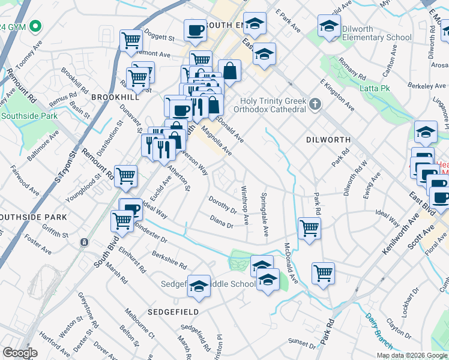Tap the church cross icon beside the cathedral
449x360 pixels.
[315, 106]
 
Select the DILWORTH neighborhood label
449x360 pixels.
[327, 139]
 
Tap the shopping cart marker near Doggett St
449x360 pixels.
[131, 40]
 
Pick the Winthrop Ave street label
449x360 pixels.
[245, 205]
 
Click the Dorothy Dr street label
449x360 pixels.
[222, 204]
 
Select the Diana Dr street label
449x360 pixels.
[221, 221]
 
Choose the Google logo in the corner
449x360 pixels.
[20, 353]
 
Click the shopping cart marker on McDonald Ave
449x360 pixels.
[309, 227]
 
